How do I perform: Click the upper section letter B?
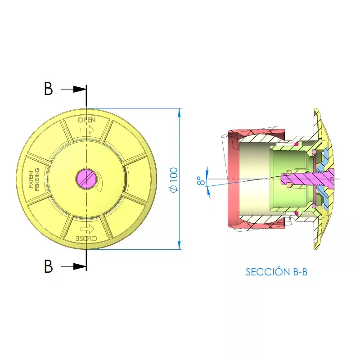48,89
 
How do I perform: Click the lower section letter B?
48,267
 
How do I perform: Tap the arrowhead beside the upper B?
81,89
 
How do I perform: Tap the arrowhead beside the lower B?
81,267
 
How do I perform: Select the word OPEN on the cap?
86,120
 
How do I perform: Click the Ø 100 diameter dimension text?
174,180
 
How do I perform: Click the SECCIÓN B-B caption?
276,272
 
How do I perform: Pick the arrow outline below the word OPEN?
87,130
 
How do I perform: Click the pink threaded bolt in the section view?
310,179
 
